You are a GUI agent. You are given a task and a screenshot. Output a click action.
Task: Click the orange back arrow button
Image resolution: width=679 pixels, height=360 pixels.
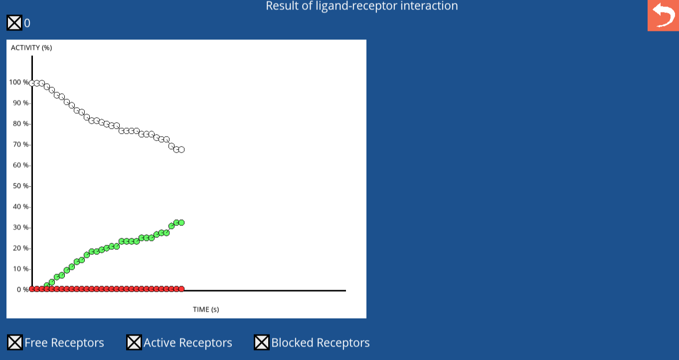coord(663,15)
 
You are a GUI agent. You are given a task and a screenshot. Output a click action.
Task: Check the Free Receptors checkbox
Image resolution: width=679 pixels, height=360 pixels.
coord(14,343)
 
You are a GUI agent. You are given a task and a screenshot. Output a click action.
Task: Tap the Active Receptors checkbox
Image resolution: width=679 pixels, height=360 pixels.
coord(134,343)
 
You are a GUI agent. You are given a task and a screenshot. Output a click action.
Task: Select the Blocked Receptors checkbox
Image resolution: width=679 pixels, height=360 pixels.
coord(262,343)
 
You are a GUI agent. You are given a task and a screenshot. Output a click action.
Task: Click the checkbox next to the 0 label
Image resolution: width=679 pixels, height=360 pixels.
coord(14,23)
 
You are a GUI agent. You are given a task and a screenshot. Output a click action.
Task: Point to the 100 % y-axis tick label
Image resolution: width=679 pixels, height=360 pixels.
coord(19,82)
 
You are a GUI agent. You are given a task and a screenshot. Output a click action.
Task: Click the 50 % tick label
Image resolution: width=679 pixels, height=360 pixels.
coord(21,186)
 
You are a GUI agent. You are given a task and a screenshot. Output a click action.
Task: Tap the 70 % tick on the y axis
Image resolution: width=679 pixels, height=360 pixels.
coord(21,145)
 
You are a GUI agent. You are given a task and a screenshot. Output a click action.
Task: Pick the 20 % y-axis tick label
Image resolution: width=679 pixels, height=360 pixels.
coord(21,248)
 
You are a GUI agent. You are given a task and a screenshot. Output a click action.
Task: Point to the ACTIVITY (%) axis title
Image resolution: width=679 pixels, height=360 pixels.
coord(31,47)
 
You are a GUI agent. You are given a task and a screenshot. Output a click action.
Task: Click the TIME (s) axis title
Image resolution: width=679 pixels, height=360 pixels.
coord(206,309)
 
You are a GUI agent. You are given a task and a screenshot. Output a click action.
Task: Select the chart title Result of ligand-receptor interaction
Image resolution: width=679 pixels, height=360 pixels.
coord(362,6)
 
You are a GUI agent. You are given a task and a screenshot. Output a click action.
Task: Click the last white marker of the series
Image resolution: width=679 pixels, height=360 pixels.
coord(181,150)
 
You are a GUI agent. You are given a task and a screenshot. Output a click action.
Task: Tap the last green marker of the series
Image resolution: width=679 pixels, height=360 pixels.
coord(181,222)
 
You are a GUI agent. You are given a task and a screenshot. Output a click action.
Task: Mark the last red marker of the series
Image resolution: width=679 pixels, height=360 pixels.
coord(181,289)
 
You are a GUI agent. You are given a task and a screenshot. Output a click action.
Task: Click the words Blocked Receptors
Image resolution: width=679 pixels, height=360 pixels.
coord(321,343)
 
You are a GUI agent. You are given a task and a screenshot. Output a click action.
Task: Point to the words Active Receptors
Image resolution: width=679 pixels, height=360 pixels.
coord(188,343)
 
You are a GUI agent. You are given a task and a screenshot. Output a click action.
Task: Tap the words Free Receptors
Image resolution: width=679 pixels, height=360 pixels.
coord(64,343)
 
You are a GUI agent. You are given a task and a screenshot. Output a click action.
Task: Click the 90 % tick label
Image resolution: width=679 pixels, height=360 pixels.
coord(21,103)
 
